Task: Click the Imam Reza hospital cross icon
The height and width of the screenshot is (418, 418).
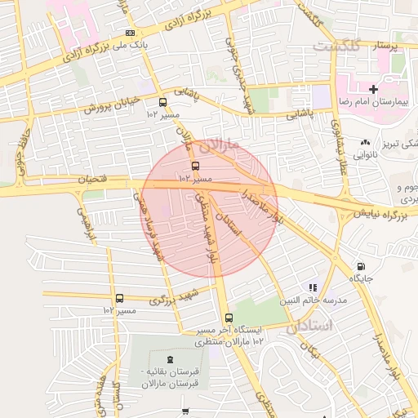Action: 374,88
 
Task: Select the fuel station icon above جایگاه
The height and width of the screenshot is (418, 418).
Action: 361,267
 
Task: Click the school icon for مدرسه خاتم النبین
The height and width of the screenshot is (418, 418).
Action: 313,287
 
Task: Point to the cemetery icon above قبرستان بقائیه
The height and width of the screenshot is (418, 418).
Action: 169,360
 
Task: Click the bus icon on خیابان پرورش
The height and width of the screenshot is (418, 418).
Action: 163,103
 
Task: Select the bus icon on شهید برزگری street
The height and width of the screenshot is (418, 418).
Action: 120,298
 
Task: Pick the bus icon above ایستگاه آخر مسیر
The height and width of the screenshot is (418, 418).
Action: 229,318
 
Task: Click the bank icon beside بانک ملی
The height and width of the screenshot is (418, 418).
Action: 130,32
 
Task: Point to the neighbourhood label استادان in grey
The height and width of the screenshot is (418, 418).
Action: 311,327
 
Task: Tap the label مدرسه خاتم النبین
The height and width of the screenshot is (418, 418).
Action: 314,300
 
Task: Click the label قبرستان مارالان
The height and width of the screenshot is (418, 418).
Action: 169,384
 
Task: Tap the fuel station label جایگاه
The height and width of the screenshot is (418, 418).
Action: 361,279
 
